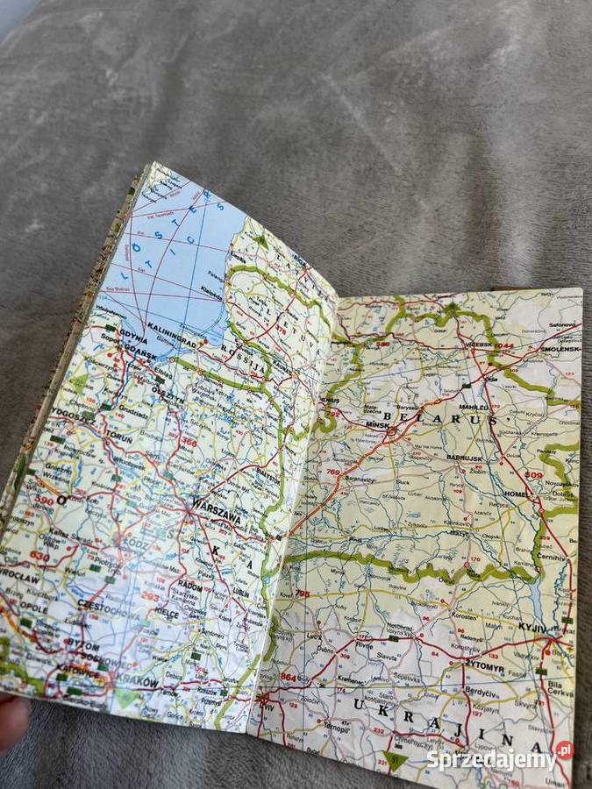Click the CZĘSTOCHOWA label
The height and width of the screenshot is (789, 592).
point(108,605)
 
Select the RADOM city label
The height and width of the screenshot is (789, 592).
point(189,586)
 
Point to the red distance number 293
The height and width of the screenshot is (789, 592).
point(151,598)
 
